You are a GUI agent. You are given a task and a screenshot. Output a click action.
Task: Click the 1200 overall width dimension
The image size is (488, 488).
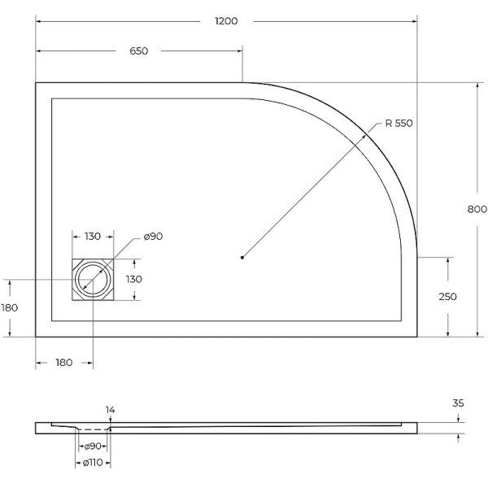point(226,21)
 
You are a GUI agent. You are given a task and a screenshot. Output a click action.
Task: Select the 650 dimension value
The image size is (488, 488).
point(138,51)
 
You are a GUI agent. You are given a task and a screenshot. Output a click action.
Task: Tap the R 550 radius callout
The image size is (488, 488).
point(399,124)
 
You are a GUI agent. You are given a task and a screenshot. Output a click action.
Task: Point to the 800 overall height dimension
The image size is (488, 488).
point(477,209)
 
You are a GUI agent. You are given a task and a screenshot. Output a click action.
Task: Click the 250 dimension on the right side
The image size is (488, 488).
point(447,297)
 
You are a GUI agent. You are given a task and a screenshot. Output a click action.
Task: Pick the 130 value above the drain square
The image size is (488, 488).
point(92,237)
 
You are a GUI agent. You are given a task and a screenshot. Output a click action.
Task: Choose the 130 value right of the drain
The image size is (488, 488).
point(133,279)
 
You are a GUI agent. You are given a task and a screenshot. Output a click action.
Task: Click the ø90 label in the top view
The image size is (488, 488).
point(154,237)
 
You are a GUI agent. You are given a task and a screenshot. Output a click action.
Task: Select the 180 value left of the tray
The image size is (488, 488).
point(10,307)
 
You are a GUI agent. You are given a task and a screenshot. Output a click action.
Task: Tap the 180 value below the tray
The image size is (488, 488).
point(65,362)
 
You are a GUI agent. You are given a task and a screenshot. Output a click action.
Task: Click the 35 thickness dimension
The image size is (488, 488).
point(459,403)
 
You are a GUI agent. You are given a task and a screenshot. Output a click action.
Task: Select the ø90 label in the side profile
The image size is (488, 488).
point(93,447)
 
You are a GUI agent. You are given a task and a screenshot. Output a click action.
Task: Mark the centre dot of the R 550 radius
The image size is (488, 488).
point(242,258)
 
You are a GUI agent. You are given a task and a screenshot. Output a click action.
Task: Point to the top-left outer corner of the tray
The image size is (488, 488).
point(36,82)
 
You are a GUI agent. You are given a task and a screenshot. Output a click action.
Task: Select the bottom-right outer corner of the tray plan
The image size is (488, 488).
point(416,336)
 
